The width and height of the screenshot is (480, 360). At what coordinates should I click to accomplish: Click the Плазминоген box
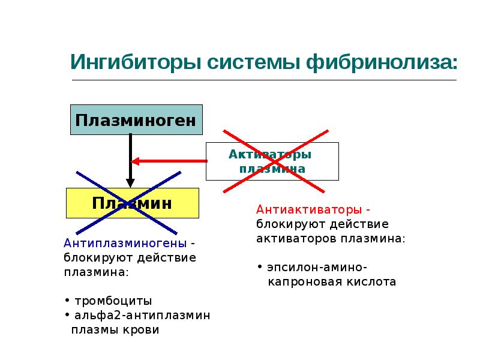(x=136, y=120)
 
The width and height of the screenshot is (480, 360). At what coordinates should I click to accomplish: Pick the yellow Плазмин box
(x=132, y=203)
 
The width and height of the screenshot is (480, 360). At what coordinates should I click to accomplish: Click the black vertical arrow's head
(x=129, y=182)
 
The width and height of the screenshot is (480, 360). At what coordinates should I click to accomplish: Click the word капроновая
(x=302, y=281)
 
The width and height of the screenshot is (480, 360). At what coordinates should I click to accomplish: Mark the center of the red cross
(x=275, y=161)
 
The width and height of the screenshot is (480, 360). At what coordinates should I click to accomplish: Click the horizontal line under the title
(x=264, y=79)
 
